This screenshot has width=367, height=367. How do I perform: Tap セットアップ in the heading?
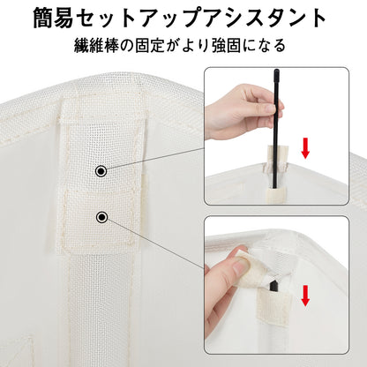142,19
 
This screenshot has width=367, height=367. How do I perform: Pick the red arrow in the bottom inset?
305,296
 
